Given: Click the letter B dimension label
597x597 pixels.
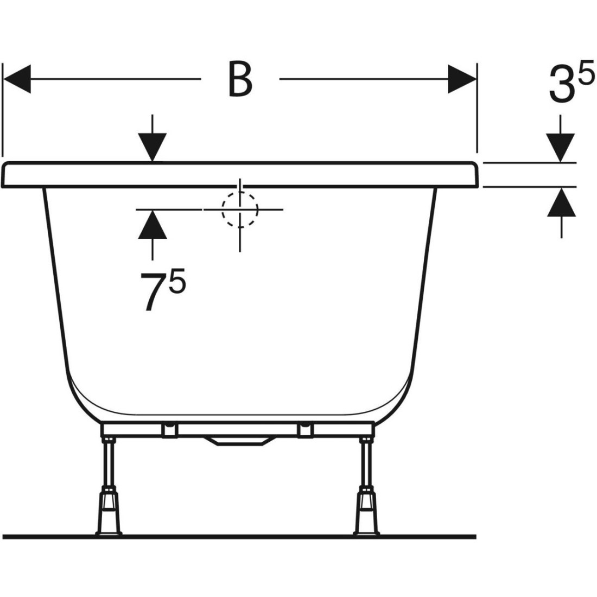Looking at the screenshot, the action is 240,79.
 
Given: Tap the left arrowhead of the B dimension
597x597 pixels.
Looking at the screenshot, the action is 17,79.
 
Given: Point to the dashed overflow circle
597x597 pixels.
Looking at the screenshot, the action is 240,210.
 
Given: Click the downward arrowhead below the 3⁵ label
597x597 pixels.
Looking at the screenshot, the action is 561,148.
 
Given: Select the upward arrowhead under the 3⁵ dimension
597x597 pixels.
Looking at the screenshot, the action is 562,202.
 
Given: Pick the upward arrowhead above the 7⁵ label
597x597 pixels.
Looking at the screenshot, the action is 153,225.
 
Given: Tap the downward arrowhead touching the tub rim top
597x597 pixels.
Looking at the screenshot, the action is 153,147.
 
